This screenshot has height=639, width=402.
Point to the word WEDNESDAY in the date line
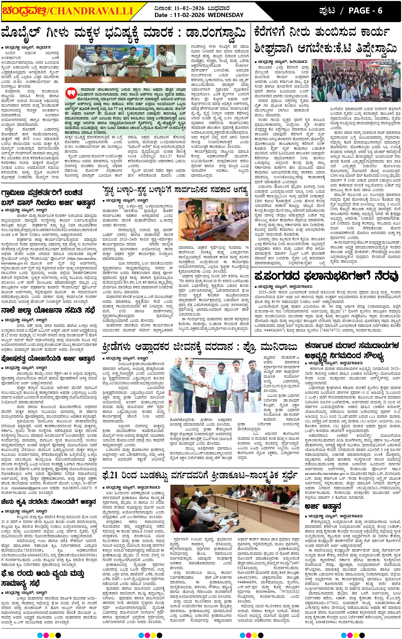(x=225, y=15)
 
